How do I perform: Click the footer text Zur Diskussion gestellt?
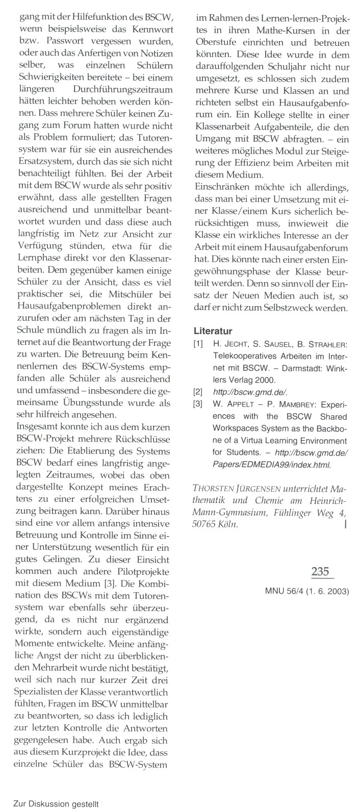(56, 803)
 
